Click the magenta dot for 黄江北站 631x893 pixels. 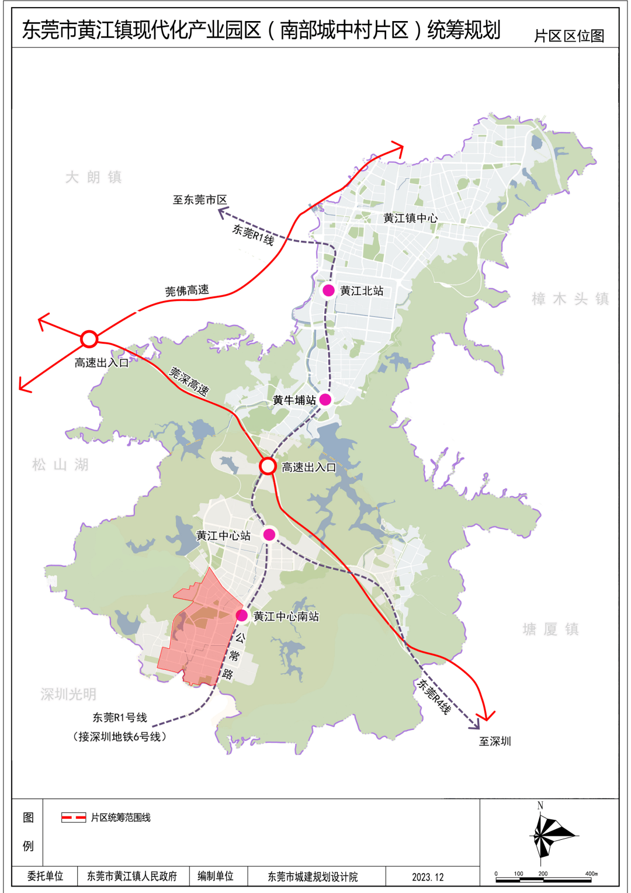[x=329, y=290]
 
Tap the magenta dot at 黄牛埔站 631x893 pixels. [x=325, y=400]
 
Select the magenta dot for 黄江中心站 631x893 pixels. [x=269, y=534]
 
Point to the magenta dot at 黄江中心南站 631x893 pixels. [x=242, y=615]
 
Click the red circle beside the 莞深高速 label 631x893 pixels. [x=89, y=339]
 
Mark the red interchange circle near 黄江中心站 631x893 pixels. [x=268, y=466]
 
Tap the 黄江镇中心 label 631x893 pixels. [x=410, y=218]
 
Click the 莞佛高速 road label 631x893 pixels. [x=187, y=290]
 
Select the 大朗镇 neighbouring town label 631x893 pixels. [x=93, y=177]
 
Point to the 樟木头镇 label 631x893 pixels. [x=570, y=299]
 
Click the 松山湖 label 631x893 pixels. [x=61, y=465]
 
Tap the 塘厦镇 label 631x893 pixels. [x=551, y=629]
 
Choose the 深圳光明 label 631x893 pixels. [x=68, y=694]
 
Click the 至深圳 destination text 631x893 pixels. [x=495, y=741]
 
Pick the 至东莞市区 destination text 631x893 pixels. [x=200, y=200]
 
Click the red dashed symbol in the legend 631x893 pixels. [x=74, y=818]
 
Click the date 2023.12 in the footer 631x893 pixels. [x=428, y=877]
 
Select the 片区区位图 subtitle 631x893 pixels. [x=569, y=36]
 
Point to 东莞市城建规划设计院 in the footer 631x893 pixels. [x=313, y=877]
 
